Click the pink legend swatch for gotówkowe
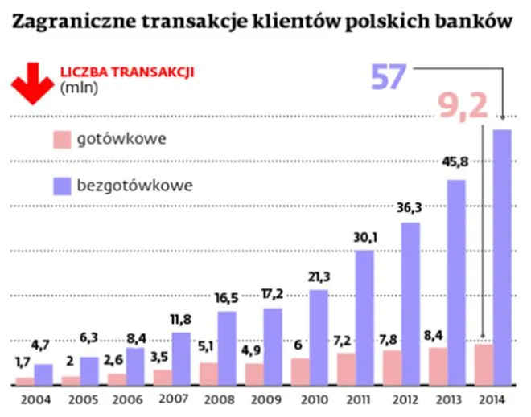pyautogui.click(x=63, y=139)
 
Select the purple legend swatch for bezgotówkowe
pyautogui.click(x=63, y=186)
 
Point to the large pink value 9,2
pyautogui.click(x=462, y=105)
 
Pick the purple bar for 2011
pyautogui.click(x=364, y=317)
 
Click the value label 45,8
pyautogui.click(x=455, y=161)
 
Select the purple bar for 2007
pyautogui.click(x=182, y=359)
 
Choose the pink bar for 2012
pyautogui.click(x=391, y=367)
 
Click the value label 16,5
pyautogui.click(x=226, y=297)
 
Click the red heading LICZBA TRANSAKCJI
pyautogui.click(x=128, y=71)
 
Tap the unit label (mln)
pyautogui.click(x=78, y=88)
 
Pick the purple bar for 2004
pyautogui.click(x=43, y=374)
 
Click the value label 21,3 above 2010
pyautogui.click(x=318, y=276)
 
